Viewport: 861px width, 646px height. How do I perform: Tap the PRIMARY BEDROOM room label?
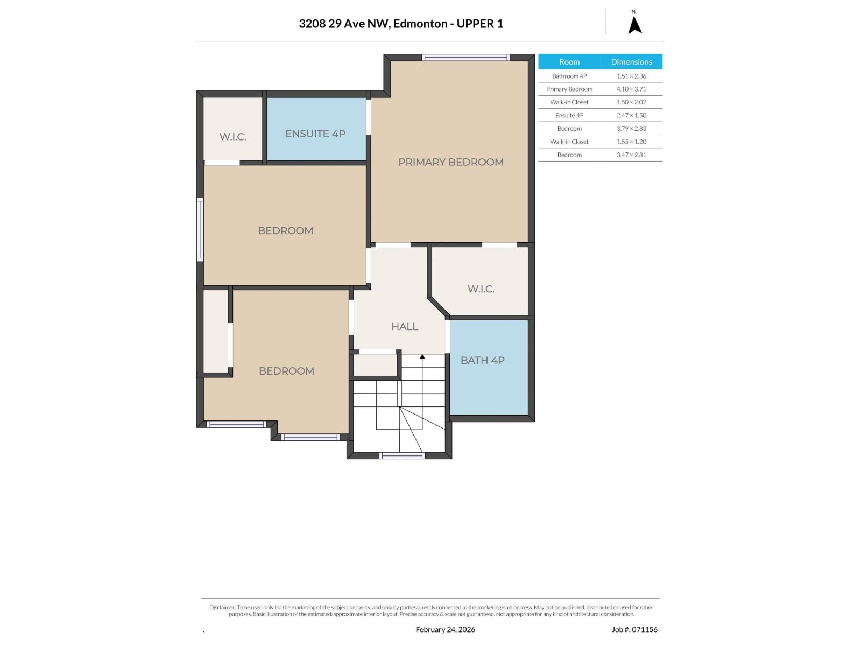[451, 162]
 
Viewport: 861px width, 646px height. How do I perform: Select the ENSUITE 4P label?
[315, 134]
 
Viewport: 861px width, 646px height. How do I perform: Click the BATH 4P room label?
[482, 360]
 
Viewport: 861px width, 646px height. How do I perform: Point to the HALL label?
[405, 326]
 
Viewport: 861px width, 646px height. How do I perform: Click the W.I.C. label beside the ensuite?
[232, 137]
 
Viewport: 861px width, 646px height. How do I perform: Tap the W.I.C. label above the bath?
[481, 289]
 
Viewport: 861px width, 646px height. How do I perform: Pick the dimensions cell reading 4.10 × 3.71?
[631, 89]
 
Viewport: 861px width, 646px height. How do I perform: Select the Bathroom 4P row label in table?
[569, 76]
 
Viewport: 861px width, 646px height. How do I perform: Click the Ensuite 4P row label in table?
[569, 115]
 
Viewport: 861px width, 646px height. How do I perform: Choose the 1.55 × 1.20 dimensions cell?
[631, 142]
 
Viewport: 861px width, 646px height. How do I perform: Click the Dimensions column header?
[631, 61]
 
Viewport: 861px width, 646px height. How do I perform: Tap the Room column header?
[569, 61]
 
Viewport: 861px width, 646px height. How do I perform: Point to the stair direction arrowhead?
[422, 356]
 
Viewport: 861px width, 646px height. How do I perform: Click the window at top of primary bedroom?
[465, 57]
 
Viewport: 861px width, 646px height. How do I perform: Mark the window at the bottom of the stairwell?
[401, 455]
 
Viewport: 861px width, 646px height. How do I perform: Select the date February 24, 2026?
[445, 629]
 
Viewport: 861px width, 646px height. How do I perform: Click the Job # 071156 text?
[634, 629]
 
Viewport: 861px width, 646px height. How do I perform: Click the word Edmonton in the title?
[420, 24]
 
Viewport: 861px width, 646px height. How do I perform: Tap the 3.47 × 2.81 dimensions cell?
[631, 155]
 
